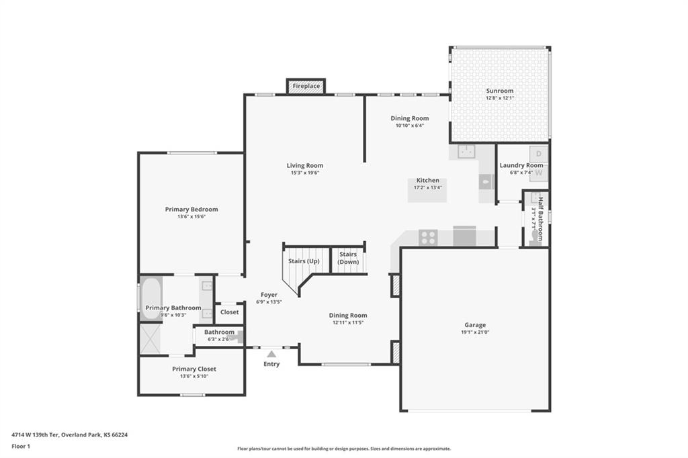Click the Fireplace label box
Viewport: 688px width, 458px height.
pos(306,86)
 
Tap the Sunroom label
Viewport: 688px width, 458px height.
pos(499,91)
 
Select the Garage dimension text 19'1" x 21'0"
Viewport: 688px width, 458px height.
pos(475,332)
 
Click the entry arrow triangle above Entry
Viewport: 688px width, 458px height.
pos(271,354)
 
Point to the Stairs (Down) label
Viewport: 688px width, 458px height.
pos(348,258)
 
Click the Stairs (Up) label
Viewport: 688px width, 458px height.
pos(304,261)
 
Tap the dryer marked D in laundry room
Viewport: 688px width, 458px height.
pos(539,154)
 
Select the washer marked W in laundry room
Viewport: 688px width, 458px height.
pos(539,173)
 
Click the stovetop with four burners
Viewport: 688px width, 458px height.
pos(428,237)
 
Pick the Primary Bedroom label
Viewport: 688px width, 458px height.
pos(191,210)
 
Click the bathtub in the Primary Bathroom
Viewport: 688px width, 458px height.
pos(151,298)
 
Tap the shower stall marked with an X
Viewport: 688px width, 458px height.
pos(150,338)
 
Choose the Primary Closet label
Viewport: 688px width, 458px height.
pos(194,369)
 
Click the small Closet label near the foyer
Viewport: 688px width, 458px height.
pos(230,312)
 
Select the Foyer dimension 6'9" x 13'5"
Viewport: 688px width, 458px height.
pos(269,302)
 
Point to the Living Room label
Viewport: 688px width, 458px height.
pos(305,165)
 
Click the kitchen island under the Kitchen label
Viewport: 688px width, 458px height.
pos(427,191)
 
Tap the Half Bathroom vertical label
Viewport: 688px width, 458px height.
pos(541,219)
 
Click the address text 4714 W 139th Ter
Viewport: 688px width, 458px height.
pos(35,435)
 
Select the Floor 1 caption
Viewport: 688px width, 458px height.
pos(21,447)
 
